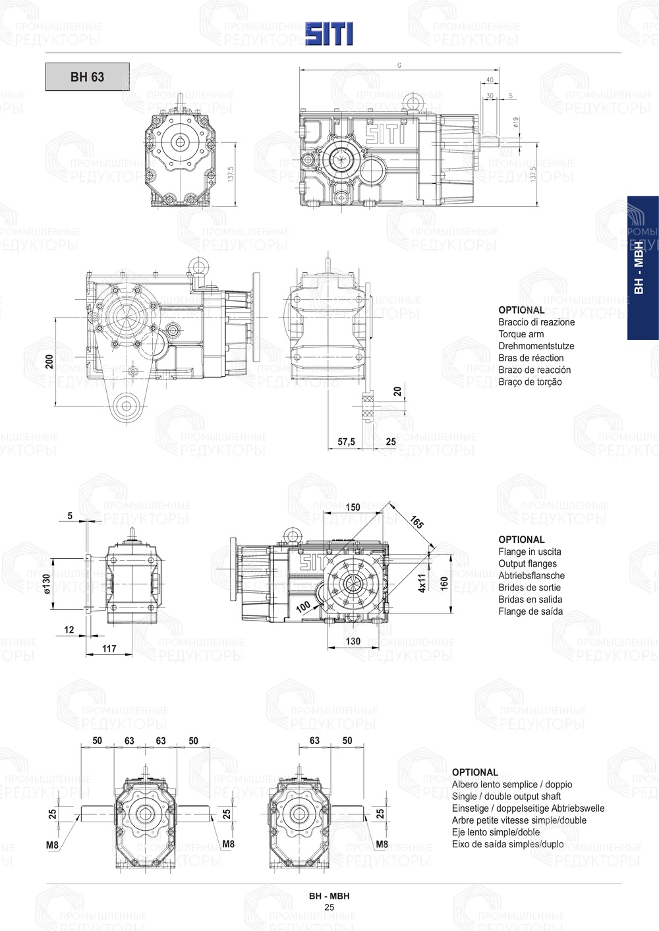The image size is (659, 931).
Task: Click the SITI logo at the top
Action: pyautogui.click(x=329, y=33)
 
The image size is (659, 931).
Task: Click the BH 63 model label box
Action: pyautogui.click(x=87, y=77)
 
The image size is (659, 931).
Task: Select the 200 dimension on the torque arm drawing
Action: pyautogui.click(x=49, y=361)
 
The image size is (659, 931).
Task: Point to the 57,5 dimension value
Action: pyautogui.click(x=346, y=441)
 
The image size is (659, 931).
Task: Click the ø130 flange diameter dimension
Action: pyautogui.click(x=46, y=582)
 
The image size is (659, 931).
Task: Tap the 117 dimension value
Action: pyautogui.click(x=109, y=648)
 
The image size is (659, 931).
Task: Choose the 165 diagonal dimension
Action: pyautogui.click(x=416, y=522)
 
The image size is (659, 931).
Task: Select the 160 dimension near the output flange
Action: pyautogui.click(x=444, y=583)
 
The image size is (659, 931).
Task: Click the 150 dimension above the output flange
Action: pyautogui.click(x=353, y=507)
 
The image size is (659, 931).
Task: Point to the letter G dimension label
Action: pyautogui.click(x=399, y=65)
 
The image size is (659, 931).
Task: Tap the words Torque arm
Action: pyautogui.click(x=521, y=334)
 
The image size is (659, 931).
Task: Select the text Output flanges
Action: pyautogui.click(x=527, y=563)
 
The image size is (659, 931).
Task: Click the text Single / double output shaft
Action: pyautogui.click(x=506, y=797)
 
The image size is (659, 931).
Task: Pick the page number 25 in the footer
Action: pyautogui.click(x=329, y=907)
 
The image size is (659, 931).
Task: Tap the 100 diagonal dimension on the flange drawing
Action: pyautogui.click(x=303, y=606)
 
